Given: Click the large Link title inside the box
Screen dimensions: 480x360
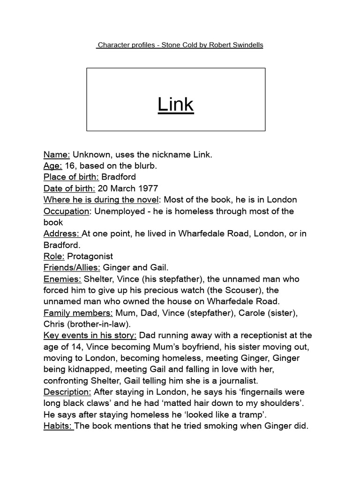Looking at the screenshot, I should (x=176, y=105).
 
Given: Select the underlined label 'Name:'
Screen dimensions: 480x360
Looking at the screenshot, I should (x=57, y=154).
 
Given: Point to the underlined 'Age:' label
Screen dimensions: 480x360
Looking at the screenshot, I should (x=52, y=165).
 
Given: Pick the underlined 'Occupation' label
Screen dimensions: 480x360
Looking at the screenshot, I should (x=66, y=211).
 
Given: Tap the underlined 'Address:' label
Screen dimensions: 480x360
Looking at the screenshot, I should (x=62, y=233).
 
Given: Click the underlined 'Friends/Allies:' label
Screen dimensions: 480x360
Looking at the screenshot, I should (x=72, y=267).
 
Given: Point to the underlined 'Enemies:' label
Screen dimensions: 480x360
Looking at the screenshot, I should (x=62, y=279).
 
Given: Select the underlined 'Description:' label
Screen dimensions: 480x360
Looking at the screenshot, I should (x=67, y=392).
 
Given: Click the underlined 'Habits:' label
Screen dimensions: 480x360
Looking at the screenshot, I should (x=59, y=426).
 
